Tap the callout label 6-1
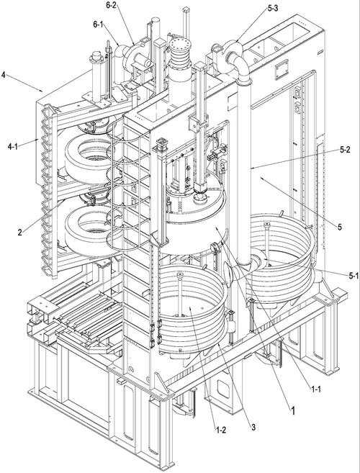(99, 24)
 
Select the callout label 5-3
(274, 8)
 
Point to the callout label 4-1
(14, 147)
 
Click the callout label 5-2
(344, 150)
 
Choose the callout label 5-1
(354, 275)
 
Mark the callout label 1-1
(315, 389)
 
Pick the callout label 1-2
(221, 430)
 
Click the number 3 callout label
(253, 427)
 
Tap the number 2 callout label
(20, 233)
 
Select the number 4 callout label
(4, 74)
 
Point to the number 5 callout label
(340, 227)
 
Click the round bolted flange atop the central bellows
(180, 45)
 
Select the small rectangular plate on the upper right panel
(282, 69)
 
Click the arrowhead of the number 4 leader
(42, 91)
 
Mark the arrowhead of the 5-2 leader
(252, 168)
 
